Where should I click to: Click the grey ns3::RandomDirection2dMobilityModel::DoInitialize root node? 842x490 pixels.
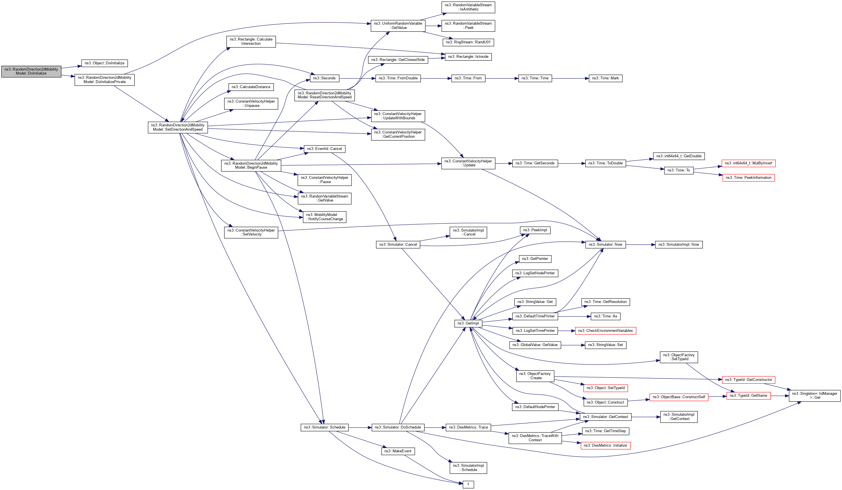[31, 71]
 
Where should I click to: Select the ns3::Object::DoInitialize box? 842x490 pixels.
[104, 63]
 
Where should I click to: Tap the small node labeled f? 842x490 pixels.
[468, 484]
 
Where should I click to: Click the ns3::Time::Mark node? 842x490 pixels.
[605, 78]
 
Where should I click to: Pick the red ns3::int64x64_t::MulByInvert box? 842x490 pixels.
[748, 163]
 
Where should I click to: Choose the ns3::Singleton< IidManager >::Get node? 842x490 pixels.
[815, 395]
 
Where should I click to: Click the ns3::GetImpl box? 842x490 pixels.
[468, 323]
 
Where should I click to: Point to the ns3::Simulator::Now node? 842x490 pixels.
[605, 244]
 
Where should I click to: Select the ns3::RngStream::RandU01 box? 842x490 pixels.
[468, 42]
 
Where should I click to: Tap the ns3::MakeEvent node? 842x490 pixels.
[397, 451]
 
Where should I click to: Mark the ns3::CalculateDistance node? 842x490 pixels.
[251, 87]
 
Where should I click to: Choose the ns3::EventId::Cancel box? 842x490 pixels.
[324, 149]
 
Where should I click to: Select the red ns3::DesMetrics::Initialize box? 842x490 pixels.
[605, 445]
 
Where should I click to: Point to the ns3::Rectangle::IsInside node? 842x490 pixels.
[468, 56]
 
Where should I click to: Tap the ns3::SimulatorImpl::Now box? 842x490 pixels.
[678, 244]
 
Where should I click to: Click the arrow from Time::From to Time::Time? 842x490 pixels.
[501, 78]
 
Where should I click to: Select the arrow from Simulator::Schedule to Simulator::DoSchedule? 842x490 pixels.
[360, 427]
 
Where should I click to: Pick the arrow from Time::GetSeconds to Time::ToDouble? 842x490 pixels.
[571, 163]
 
